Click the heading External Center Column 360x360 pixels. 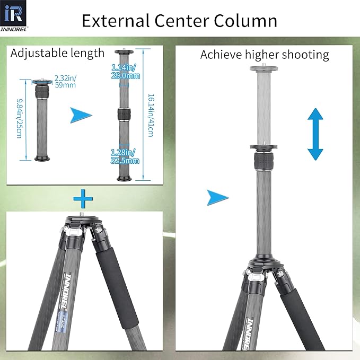179,21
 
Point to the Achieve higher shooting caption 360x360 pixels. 264,55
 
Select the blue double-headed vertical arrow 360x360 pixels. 315,134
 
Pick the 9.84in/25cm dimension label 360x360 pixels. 20,119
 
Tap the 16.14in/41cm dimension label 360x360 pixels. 151,114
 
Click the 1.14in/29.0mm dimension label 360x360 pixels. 126,72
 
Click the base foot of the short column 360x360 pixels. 43,158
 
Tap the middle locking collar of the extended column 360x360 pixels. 124,115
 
